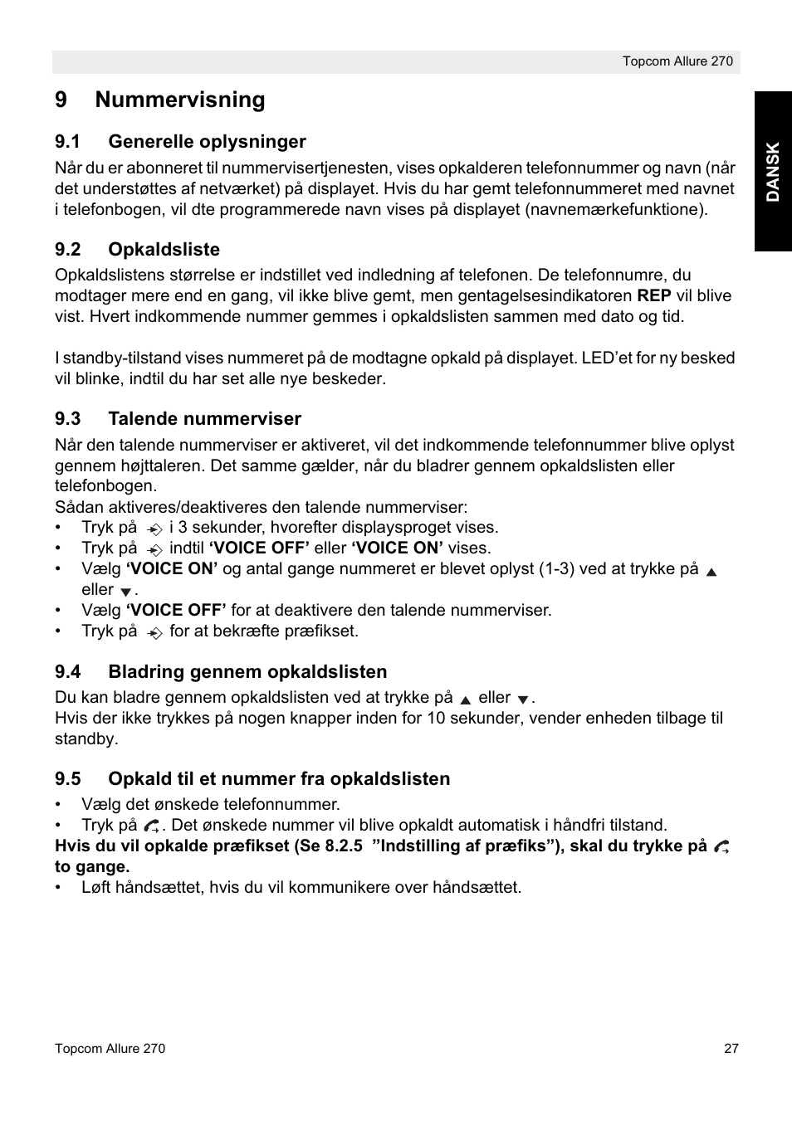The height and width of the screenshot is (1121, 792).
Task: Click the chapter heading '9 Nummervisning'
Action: (160, 100)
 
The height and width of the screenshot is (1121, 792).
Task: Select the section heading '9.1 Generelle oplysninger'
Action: (180, 141)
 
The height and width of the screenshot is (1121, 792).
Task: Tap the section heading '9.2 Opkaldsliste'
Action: (137, 249)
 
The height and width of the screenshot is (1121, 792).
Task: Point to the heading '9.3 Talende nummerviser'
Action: (178, 418)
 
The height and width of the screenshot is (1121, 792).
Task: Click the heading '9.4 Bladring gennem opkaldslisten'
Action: (221, 671)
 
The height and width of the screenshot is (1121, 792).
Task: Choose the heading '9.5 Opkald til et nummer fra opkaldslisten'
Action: (252, 778)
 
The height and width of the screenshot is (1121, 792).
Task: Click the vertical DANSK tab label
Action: (773, 172)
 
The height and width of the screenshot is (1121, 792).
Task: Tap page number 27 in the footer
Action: (731, 1048)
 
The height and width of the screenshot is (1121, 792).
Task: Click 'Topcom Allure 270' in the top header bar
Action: (677, 61)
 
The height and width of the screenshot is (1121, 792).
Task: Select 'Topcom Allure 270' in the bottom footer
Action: (110, 1048)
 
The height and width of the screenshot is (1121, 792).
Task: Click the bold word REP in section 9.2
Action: (654, 295)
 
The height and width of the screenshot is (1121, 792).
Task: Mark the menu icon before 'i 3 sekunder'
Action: (154, 529)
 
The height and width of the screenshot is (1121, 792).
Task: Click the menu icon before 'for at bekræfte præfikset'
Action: (154, 632)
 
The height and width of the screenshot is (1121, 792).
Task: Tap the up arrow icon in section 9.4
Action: (466, 699)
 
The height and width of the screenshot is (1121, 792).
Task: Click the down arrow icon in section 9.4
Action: (522, 699)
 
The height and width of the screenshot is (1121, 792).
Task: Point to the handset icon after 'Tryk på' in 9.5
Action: (151, 826)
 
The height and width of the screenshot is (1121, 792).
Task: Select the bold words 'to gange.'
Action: (92, 866)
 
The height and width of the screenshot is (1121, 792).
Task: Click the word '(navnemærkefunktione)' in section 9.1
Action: (616, 209)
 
